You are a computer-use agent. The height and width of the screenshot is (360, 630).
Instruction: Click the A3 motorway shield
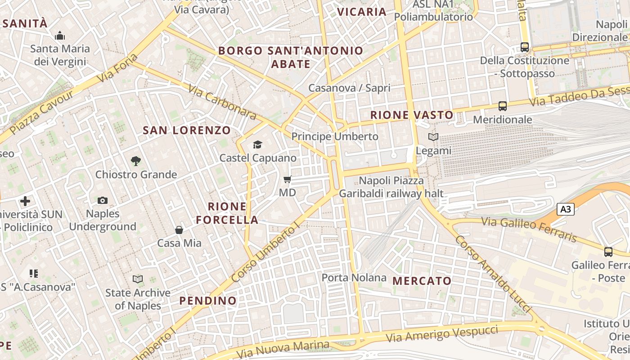click(x=566, y=209)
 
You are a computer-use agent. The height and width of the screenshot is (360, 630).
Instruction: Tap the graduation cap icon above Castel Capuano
click(x=257, y=144)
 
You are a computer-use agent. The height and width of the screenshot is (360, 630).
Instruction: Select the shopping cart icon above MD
click(x=288, y=180)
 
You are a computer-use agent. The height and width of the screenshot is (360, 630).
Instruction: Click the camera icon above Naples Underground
click(x=103, y=200)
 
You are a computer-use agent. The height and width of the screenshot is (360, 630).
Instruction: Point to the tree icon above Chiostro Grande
click(x=136, y=161)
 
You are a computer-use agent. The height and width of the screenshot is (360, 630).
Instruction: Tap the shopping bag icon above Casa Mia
click(x=179, y=230)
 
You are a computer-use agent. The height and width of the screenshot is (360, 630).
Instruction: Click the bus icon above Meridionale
click(x=503, y=106)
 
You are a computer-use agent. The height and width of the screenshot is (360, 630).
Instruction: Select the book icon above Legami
click(x=433, y=137)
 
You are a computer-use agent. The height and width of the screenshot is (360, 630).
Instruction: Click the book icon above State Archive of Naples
click(x=138, y=279)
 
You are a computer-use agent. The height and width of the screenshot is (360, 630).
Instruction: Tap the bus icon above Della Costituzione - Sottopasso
click(x=524, y=47)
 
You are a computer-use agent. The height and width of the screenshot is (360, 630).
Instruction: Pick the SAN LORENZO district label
click(x=187, y=130)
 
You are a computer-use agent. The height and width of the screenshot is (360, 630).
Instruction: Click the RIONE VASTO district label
click(x=412, y=115)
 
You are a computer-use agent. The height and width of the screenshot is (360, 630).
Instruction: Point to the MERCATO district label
click(x=422, y=281)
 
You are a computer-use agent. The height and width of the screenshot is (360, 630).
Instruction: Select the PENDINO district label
click(x=208, y=301)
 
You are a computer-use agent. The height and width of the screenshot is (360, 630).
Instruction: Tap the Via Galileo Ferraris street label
click(x=529, y=229)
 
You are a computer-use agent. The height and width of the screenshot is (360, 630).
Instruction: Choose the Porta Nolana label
click(x=354, y=278)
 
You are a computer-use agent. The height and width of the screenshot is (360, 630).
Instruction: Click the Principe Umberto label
click(x=335, y=136)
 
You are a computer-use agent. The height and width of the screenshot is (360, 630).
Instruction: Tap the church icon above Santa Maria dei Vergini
click(x=60, y=36)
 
